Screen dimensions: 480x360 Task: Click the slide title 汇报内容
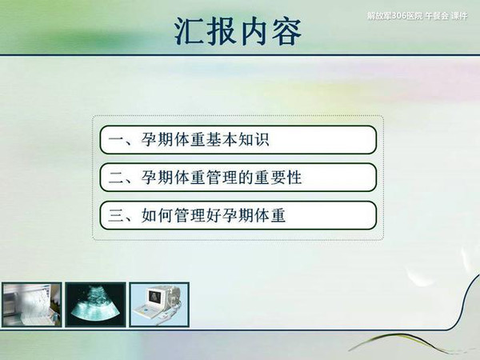click(238, 31)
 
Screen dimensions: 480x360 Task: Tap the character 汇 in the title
click(189, 31)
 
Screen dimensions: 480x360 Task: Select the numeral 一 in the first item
click(115, 141)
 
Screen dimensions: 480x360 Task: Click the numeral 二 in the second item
click(115, 178)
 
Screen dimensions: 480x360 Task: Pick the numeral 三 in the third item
click(115, 216)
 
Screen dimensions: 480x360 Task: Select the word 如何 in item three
click(157, 215)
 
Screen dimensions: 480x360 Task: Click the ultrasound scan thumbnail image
click(95, 305)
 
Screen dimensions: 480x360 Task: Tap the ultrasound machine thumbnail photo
click(159, 305)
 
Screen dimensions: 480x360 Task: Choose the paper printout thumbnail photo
click(31, 305)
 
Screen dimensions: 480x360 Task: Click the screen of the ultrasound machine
click(154, 297)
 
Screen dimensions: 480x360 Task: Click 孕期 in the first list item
click(157, 140)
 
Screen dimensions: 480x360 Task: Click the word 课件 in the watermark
click(459, 16)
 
